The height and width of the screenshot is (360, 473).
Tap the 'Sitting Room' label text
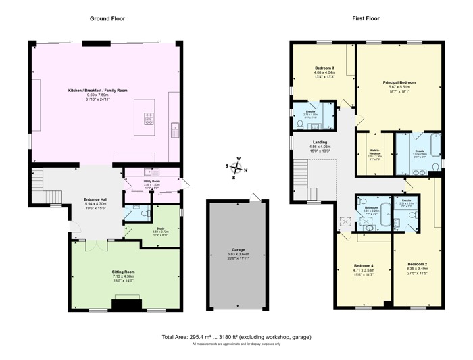pyautogui.click(x=124, y=272)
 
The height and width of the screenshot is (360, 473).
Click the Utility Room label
pyautogui.click(x=151, y=182)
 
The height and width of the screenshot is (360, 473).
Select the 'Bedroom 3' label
pyautogui.click(x=324, y=68)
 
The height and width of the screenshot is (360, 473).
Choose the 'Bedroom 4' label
pyautogui.click(x=364, y=267)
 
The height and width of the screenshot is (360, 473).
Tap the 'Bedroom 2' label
pyautogui.click(x=417, y=263)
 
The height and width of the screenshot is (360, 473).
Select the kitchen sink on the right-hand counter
pyautogui.click(x=175, y=126)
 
